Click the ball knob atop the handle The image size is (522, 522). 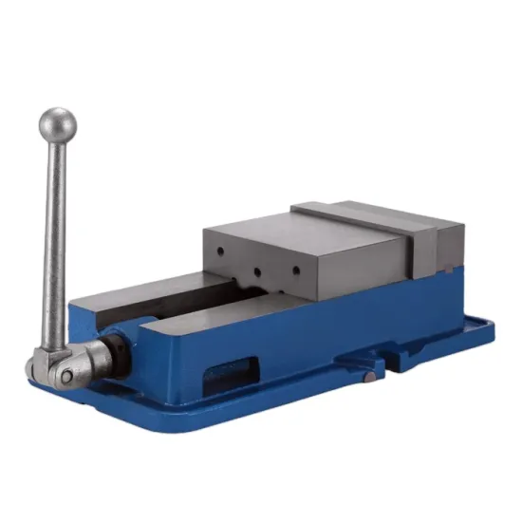[x=57, y=123]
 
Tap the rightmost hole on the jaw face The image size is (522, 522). [x=295, y=270]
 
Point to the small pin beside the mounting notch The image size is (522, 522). [x=368, y=378]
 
